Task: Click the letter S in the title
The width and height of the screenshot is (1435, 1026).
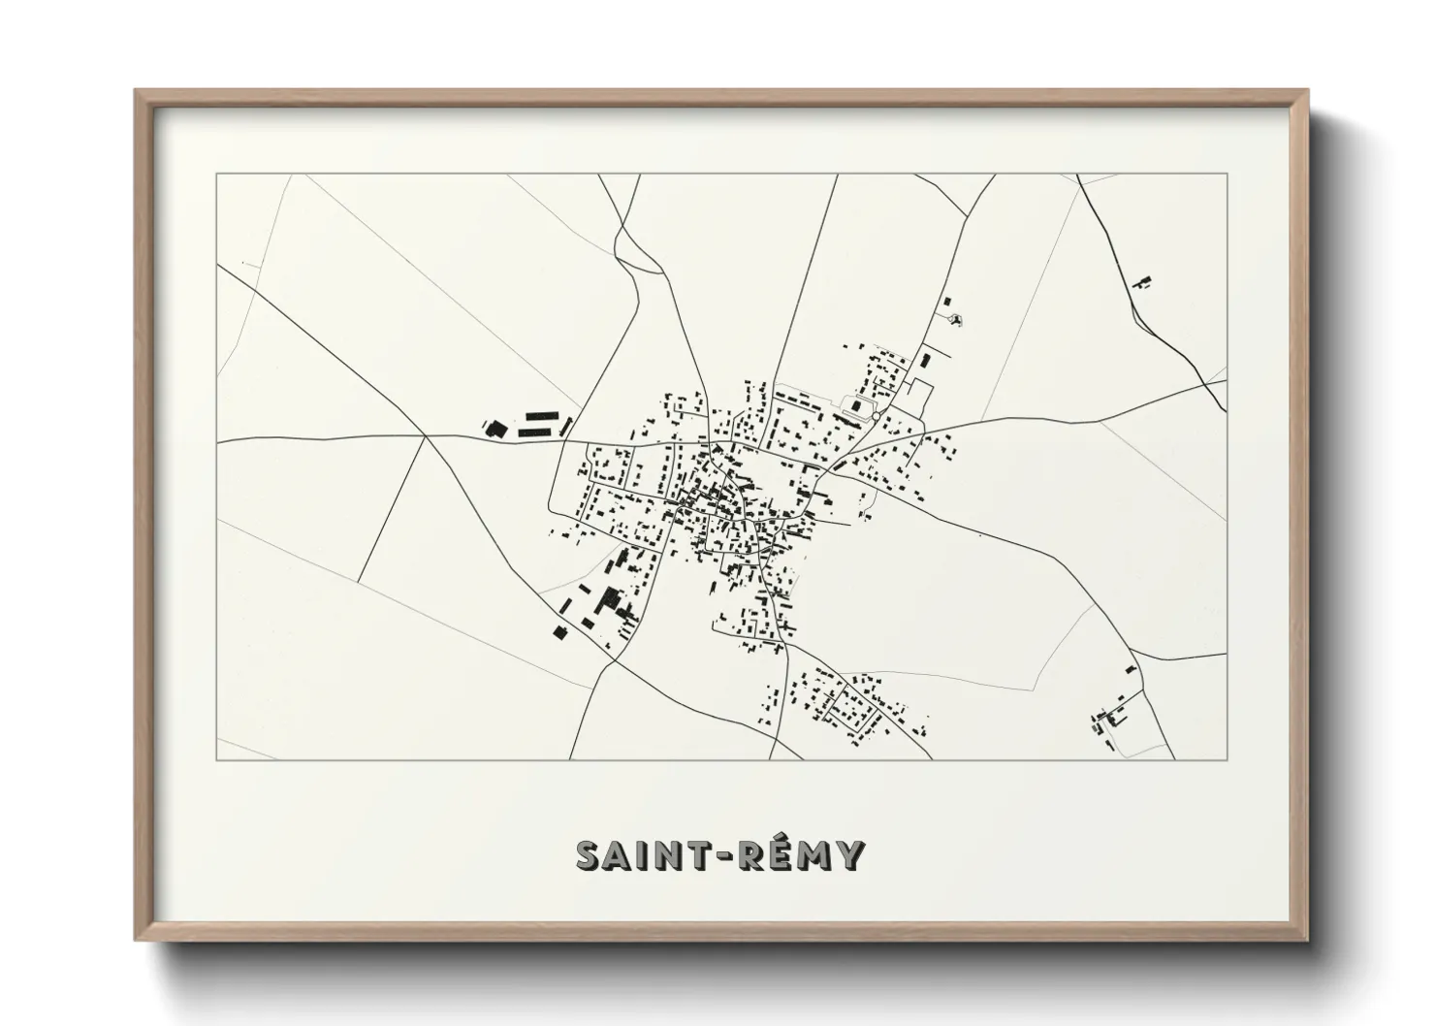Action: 591,856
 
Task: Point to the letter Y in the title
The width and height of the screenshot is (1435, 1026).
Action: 847,856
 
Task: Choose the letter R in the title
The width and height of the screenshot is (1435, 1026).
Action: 747,856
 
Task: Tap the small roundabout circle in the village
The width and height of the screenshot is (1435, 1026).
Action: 876,416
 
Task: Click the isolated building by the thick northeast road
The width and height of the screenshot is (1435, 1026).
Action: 1142,283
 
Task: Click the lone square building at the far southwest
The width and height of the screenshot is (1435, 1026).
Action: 558,632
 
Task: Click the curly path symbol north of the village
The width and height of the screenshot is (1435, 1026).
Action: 957,320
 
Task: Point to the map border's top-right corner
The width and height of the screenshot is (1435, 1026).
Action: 1227,175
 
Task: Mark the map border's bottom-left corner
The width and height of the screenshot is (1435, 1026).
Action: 217,759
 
